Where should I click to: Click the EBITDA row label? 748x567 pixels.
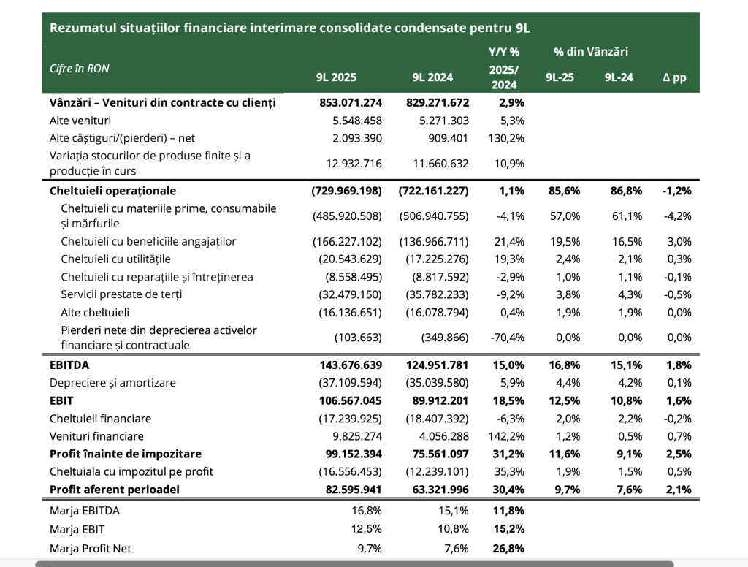pyautogui.click(x=69, y=365)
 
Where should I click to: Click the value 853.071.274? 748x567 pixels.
pyautogui.click(x=351, y=103)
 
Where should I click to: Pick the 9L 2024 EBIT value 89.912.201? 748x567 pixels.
pyautogui.click(x=438, y=400)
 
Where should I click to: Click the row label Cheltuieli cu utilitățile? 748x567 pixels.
pyautogui.click(x=115, y=259)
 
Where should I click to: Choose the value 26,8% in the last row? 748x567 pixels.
pyautogui.click(x=507, y=548)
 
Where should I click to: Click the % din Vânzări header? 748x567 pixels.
pyautogui.click(x=591, y=52)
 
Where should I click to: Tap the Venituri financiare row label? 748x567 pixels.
pyautogui.click(x=96, y=436)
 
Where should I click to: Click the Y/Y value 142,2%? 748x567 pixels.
pyautogui.click(x=505, y=436)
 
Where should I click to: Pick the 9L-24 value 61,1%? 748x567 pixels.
pyautogui.click(x=627, y=216)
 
